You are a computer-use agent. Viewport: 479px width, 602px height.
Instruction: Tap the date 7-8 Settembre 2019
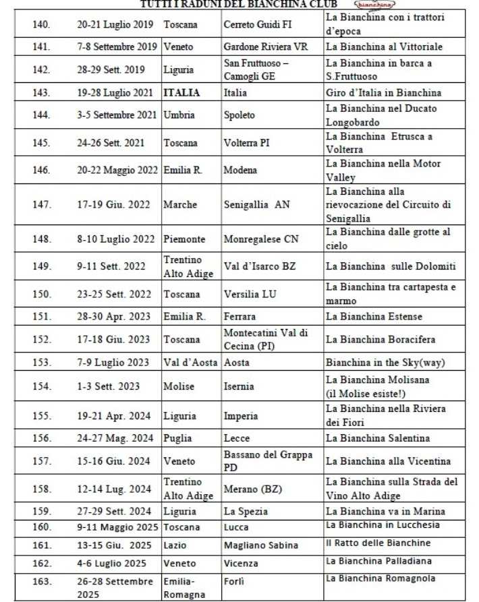[117, 47]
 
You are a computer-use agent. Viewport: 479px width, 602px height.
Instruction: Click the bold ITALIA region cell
[181, 92]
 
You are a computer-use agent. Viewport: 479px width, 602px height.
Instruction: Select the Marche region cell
[180, 204]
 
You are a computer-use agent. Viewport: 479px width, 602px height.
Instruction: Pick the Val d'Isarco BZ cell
[260, 266]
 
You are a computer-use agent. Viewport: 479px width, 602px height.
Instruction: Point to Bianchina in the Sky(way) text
[385, 362]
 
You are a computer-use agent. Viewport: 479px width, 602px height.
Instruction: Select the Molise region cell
[179, 386]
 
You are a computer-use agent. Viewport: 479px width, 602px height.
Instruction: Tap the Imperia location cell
[241, 415]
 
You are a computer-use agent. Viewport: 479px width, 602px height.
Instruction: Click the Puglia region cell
[177, 438]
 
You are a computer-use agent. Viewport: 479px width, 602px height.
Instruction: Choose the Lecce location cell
[237, 438]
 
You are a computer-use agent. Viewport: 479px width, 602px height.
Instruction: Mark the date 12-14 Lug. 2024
[114, 489]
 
